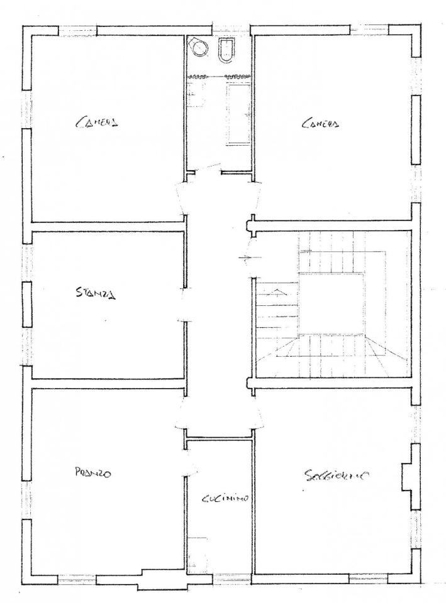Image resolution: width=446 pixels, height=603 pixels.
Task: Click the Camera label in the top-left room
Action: click(x=96, y=122)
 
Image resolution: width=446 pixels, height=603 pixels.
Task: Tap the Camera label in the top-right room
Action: click(x=320, y=124)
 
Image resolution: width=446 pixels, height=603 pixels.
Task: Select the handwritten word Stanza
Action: click(x=96, y=293)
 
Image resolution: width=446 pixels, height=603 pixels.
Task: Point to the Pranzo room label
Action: click(x=93, y=472)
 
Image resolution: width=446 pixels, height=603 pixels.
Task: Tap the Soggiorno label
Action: click(x=338, y=475)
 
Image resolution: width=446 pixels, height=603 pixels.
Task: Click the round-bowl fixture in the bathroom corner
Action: click(x=199, y=47)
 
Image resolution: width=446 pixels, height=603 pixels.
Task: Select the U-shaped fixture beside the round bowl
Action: click(x=226, y=50)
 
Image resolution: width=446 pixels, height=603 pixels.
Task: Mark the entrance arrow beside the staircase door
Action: click(x=250, y=258)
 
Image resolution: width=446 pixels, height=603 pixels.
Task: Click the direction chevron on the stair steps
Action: click(x=277, y=292)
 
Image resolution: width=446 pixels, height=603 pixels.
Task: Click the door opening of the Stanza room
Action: click(x=184, y=304)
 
